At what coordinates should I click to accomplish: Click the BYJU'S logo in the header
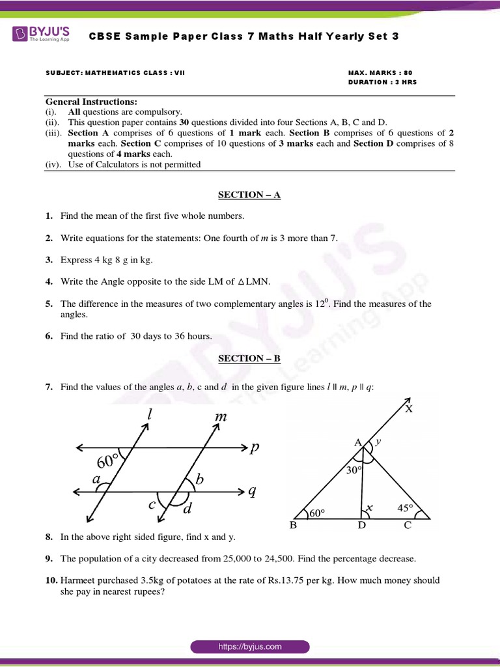[x=41, y=35]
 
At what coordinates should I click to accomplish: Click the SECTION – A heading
[x=249, y=195]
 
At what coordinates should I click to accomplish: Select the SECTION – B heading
[x=249, y=358]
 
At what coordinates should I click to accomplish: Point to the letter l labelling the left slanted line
[x=150, y=415]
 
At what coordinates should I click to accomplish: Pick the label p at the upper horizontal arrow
[x=255, y=447]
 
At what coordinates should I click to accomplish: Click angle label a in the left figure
[x=96, y=479]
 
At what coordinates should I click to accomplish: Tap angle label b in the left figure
[x=200, y=480]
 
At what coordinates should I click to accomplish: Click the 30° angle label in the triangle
[x=354, y=469]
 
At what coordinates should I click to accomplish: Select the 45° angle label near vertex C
[x=406, y=507]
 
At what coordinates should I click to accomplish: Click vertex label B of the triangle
[x=294, y=526]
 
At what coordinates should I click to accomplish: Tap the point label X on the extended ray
[x=409, y=409]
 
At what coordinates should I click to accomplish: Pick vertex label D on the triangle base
[x=362, y=526]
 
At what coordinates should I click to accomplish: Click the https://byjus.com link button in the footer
[x=250, y=647]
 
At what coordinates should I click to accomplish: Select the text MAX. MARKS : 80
[x=380, y=73]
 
